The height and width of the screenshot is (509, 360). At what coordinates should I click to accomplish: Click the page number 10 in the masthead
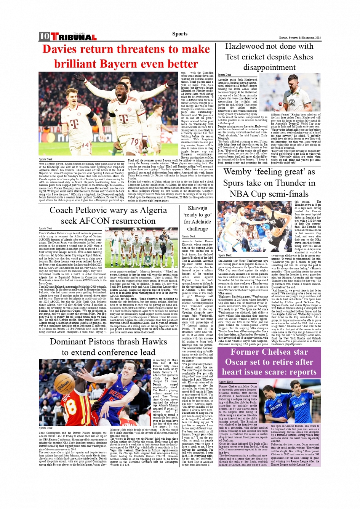point(44,37)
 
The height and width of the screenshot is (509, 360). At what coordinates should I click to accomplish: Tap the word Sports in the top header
point(180,34)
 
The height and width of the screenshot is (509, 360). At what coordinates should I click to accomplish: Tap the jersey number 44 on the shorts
point(85,146)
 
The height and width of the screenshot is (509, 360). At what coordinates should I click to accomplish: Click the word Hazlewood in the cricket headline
point(248,46)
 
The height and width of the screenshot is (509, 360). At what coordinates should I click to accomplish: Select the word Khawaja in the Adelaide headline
point(197,208)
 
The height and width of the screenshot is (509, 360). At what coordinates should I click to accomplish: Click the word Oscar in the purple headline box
point(236,362)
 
